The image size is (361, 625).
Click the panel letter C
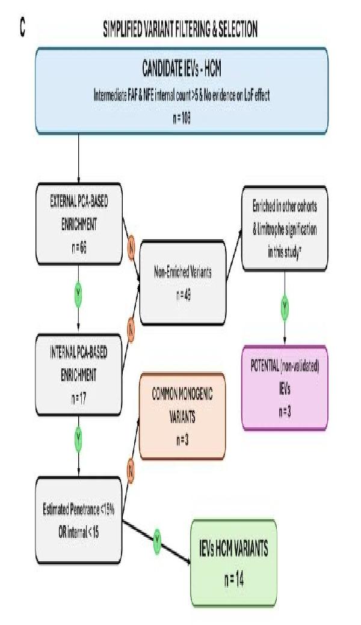point(23,29)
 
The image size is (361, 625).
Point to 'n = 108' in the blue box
point(181,118)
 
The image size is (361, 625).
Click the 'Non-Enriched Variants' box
point(182,279)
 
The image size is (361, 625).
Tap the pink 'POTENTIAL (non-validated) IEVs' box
point(285,388)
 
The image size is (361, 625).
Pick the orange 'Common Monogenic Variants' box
point(182,415)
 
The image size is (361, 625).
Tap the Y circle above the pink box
point(285,308)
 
